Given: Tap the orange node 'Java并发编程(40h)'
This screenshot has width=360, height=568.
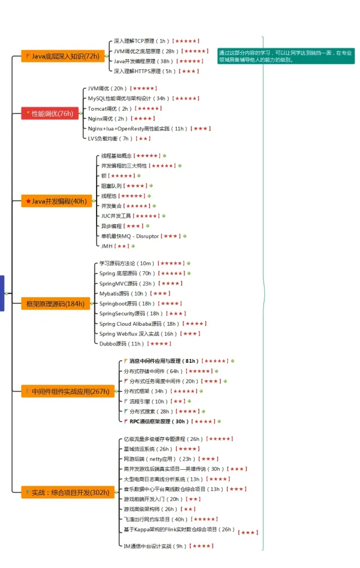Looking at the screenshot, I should tap(56, 201).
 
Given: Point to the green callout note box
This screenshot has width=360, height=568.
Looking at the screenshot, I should tap(286, 56).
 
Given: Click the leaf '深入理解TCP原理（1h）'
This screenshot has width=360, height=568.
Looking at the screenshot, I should tap(141, 41).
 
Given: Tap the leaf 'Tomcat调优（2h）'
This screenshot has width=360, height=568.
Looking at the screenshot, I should tap(110, 109).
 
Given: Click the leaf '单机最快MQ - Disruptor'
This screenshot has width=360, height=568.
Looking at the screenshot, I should tap(130, 236).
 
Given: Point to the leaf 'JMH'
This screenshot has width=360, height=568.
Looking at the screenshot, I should tap(106, 246).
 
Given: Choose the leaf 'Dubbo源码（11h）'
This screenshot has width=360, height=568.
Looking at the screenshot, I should tap(122, 344).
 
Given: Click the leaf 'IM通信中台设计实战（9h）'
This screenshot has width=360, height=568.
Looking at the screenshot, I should tap(155, 546).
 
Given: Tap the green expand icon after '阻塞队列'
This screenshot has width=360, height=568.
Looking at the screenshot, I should tap(151, 186).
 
